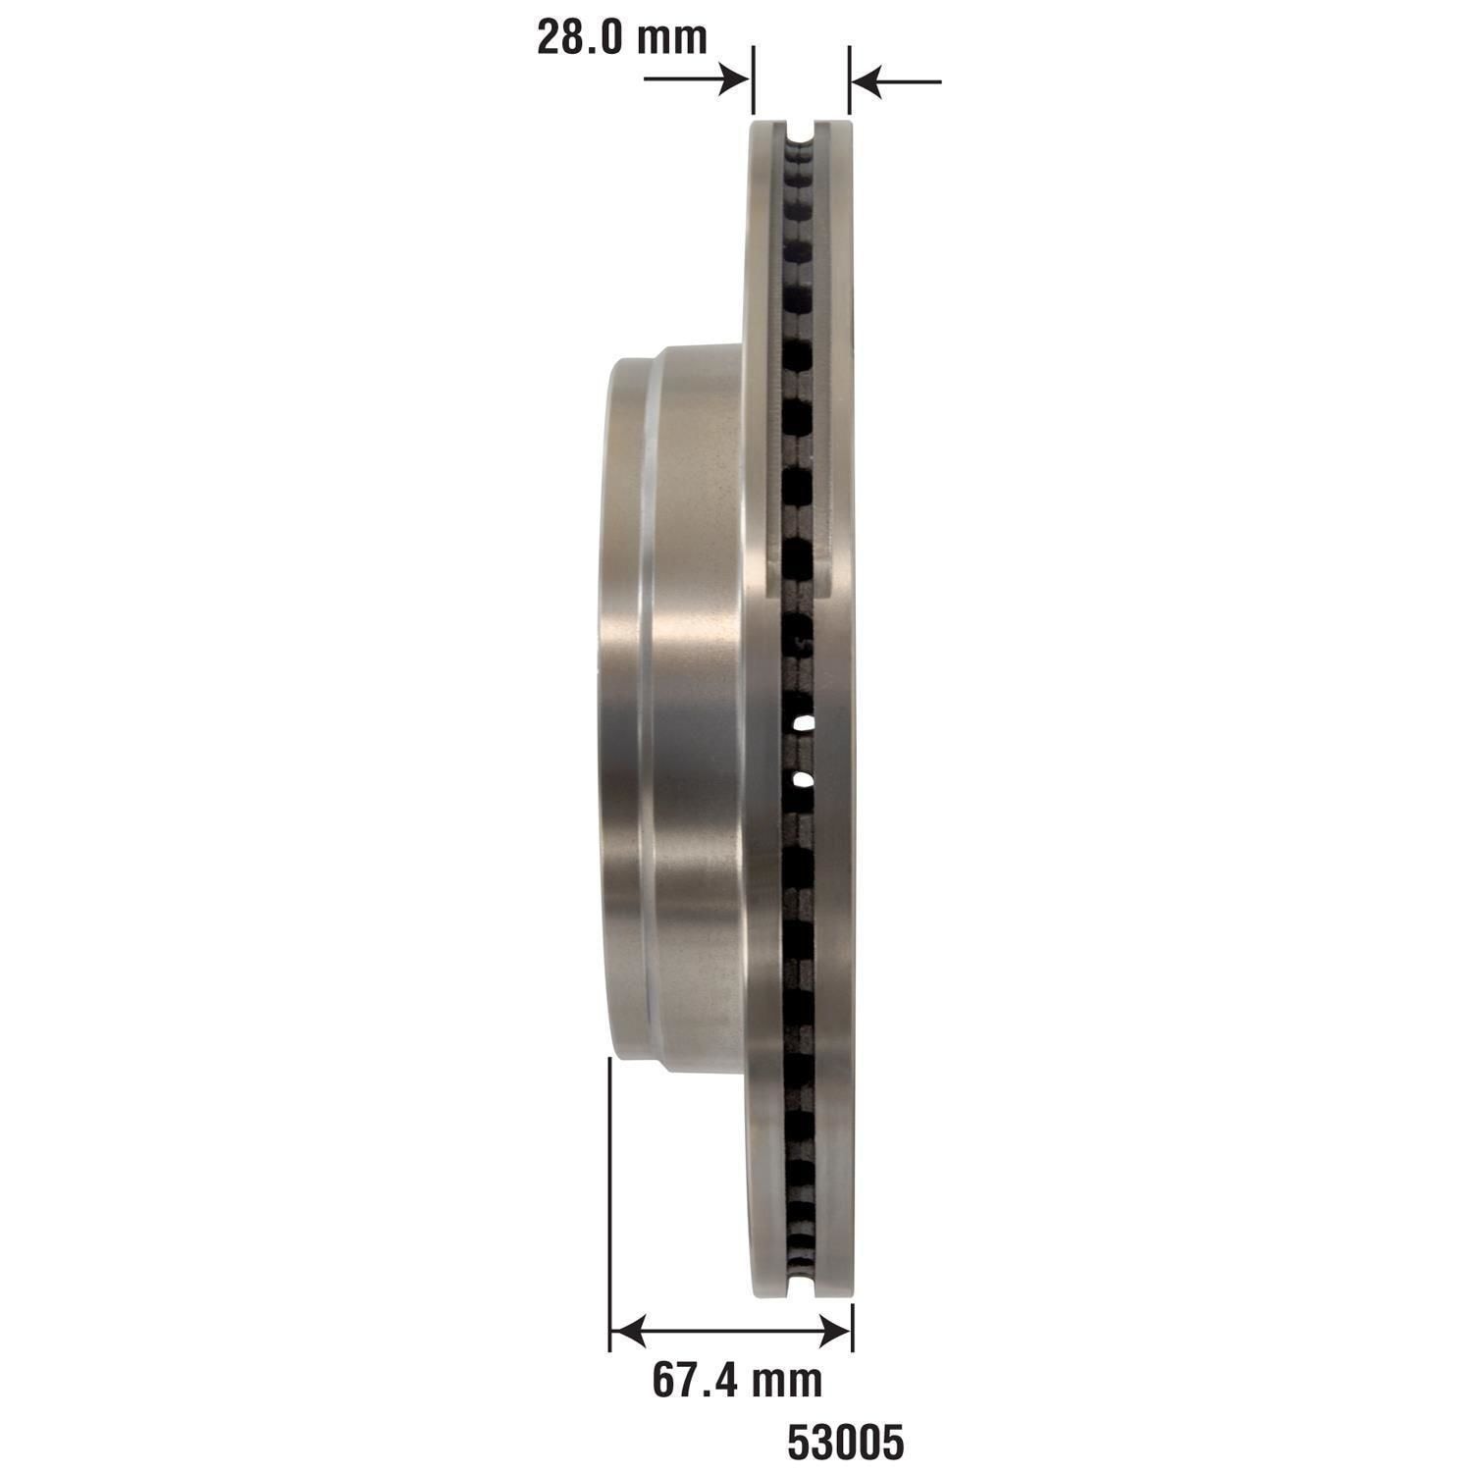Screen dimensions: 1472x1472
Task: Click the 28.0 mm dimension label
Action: pos(621,37)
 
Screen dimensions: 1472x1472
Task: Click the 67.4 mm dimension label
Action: pos(737,1381)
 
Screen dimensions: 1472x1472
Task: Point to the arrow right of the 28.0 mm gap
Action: pos(896,80)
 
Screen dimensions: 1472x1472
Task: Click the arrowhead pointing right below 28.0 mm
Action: pos(735,79)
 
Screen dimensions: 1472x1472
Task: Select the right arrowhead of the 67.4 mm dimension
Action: pos(834,1331)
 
